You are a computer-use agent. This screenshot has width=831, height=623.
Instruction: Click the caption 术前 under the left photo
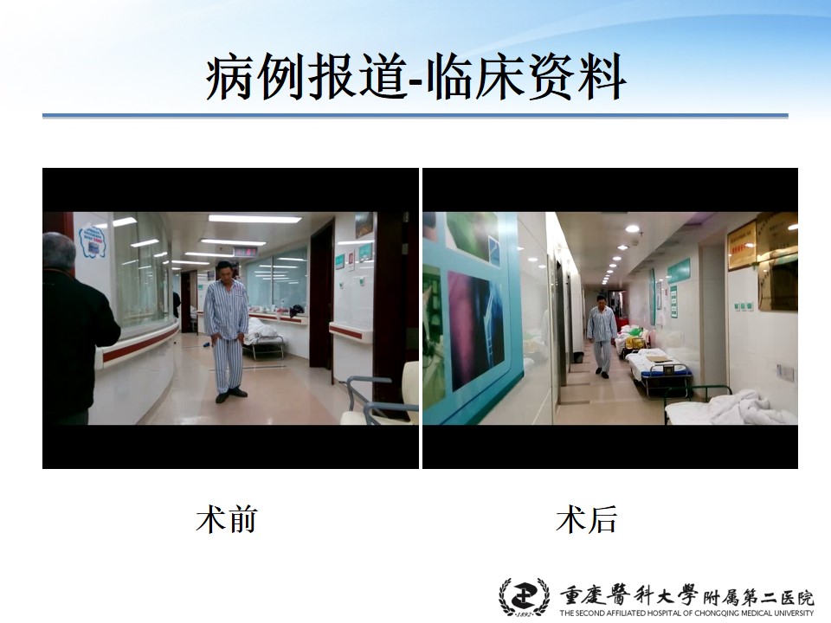pyautogui.click(x=227, y=519)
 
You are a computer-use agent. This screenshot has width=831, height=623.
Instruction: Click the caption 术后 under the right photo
pyautogui.click(x=587, y=519)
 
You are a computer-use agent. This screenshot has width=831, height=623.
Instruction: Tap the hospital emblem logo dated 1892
pyautogui.click(x=525, y=597)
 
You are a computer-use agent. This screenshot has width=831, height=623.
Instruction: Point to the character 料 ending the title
pyautogui.click(x=603, y=77)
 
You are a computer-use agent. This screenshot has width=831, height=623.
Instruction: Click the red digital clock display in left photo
pyautogui.click(x=246, y=251)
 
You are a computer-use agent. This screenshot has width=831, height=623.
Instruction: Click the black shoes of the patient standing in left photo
pyautogui.click(x=231, y=395)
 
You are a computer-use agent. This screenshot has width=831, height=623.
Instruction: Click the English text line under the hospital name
pyautogui.click(x=686, y=613)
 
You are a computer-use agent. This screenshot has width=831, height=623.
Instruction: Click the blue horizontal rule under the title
pyautogui.click(x=415, y=115)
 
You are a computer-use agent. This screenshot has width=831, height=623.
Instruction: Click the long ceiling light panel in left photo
pyautogui.click(x=254, y=218)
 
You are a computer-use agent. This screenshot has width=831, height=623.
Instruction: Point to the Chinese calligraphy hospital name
pyautogui.click(x=686, y=595)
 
